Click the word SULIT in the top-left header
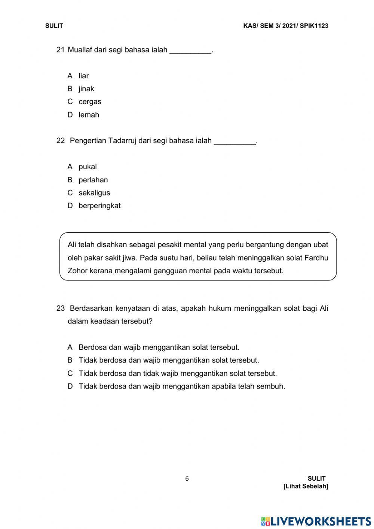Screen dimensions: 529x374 (54, 26)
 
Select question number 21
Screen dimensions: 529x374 (60, 50)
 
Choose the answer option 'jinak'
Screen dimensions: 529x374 (86, 89)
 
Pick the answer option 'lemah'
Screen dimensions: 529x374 (89, 115)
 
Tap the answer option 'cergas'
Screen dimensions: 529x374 (90, 102)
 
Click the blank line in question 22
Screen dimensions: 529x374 (234, 141)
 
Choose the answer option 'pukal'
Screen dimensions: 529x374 (88, 167)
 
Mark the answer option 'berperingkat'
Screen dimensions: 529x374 (99, 206)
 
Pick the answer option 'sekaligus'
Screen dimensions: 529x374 (94, 193)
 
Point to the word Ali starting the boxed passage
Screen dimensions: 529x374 (72, 245)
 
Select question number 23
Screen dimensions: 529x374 (60, 308)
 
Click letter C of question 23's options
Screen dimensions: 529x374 (70, 373)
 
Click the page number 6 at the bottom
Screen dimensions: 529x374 (187, 478)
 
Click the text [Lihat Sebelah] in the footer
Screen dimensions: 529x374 (306, 486)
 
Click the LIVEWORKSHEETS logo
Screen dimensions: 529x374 (316, 521)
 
